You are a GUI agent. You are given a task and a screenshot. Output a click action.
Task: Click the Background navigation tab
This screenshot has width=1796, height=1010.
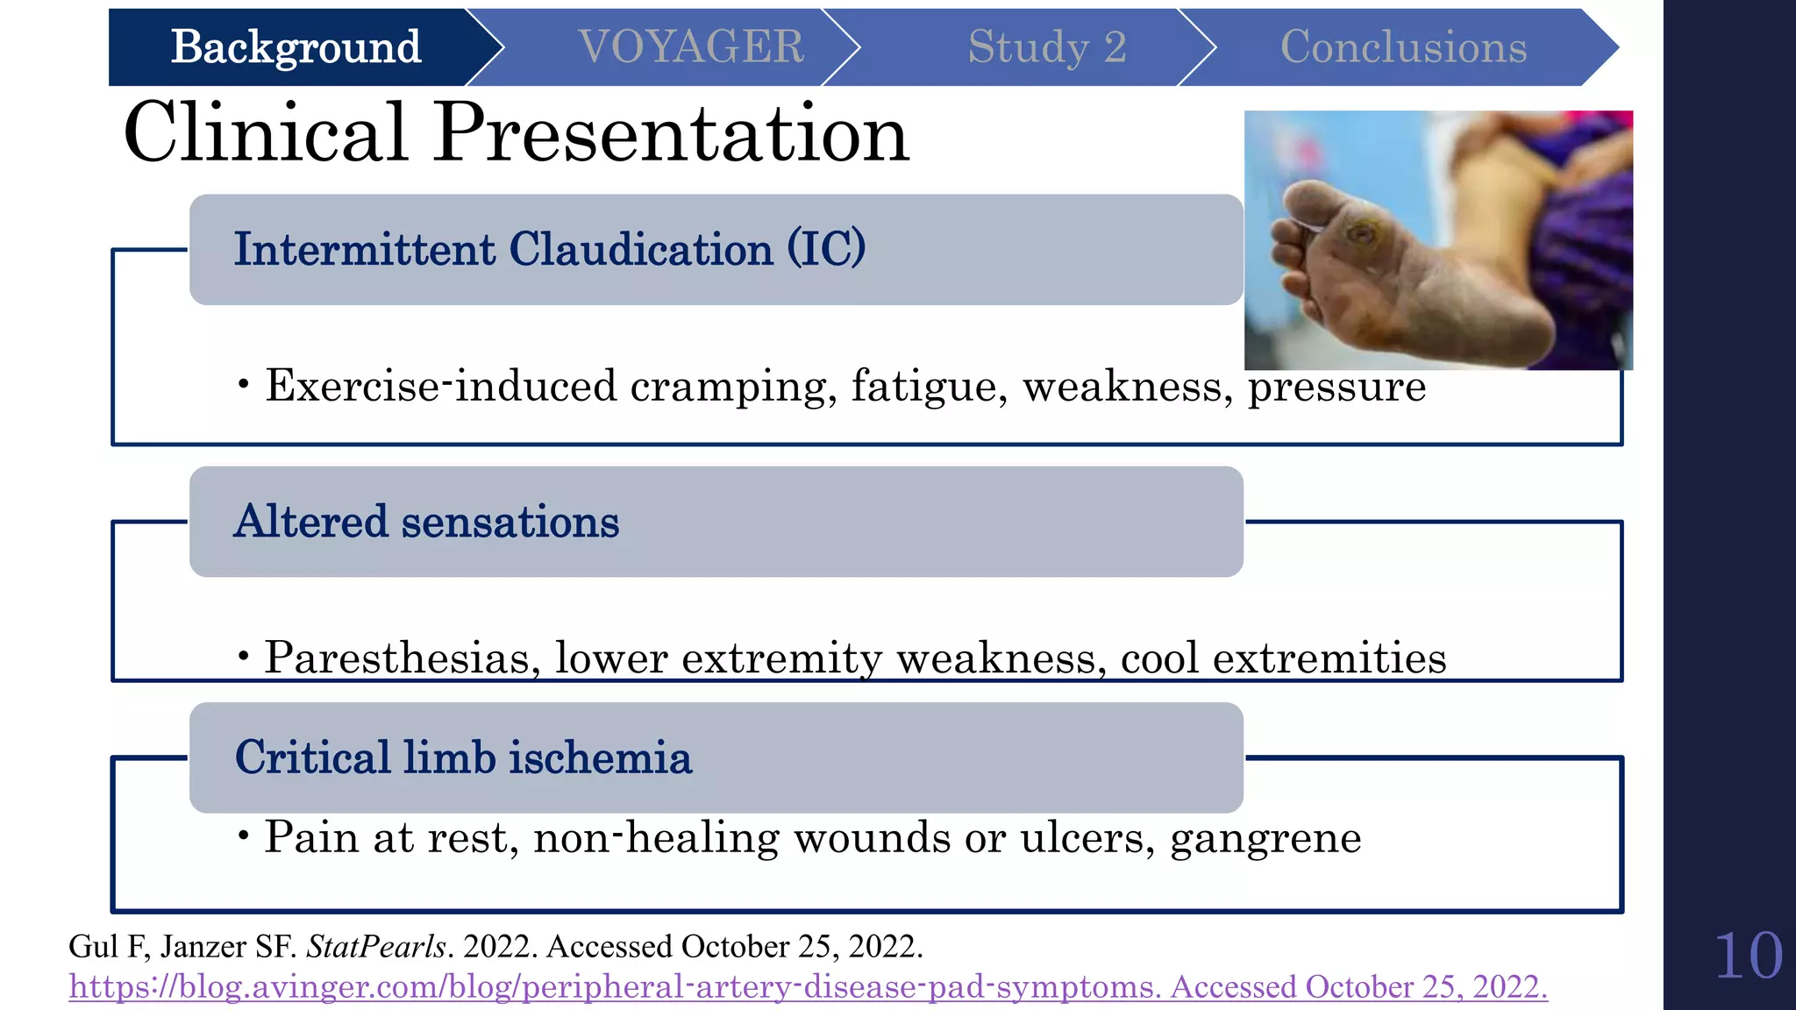[x=296, y=47]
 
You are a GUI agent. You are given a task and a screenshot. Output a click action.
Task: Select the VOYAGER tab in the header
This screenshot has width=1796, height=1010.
[x=691, y=47]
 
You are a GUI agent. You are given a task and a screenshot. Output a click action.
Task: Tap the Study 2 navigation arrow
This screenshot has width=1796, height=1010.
[x=1046, y=47]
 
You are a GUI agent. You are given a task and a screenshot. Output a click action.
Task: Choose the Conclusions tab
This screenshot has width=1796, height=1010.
[x=1403, y=47]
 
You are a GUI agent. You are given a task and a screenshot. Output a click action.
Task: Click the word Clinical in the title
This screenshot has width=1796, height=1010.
[x=266, y=133]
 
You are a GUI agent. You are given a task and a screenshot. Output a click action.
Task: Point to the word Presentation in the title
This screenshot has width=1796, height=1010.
[x=672, y=133]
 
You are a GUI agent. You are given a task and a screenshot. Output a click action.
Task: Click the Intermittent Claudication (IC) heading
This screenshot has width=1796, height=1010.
[x=549, y=250]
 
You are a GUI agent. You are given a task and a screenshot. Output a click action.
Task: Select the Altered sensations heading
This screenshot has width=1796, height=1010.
[x=426, y=522]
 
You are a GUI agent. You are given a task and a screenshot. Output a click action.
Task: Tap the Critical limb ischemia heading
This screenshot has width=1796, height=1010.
[x=463, y=757]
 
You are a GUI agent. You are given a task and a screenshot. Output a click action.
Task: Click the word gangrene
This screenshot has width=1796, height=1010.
[x=1265, y=837]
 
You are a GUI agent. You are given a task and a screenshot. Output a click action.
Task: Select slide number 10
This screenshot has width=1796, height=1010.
[x=1748, y=956]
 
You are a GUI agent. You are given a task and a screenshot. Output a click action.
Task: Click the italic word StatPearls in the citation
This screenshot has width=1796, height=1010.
[x=376, y=947]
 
